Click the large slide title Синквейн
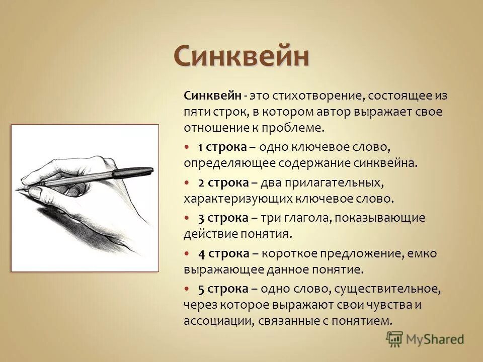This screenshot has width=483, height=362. point(242,56)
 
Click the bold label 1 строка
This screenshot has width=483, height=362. point(222,147)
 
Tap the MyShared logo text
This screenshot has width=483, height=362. point(436,339)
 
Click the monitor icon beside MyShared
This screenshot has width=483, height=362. point(395,338)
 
